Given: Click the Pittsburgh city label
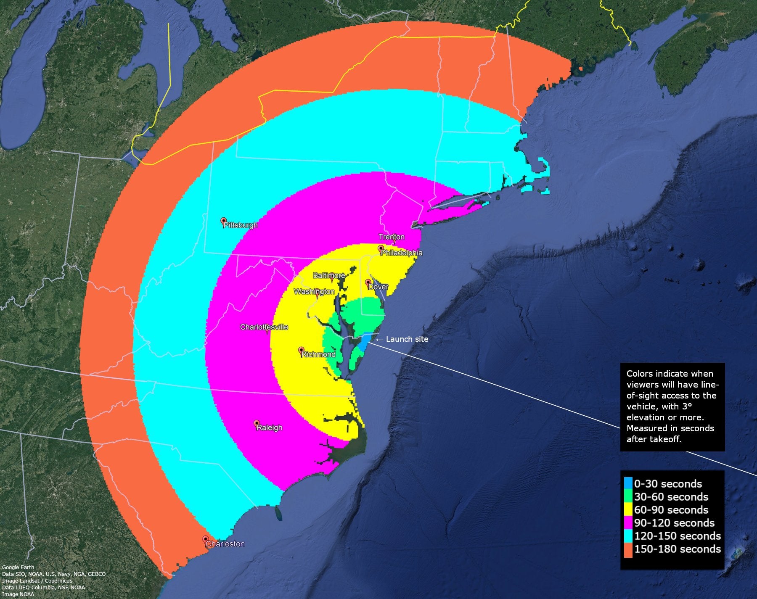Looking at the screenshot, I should (241, 225).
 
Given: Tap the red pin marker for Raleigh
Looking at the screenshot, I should (257, 423).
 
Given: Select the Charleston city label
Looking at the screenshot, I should (225, 544).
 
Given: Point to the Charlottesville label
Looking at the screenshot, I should (264, 327).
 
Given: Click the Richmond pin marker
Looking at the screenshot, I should (301, 350).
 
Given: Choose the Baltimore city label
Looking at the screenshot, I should (329, 275).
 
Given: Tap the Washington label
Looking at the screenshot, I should (314, 292).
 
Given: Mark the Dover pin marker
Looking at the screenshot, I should (368, 282).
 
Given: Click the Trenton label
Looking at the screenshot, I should (392, 237).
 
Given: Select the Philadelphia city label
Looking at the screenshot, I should (402, 253).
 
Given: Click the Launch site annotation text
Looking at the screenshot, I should (407, 339).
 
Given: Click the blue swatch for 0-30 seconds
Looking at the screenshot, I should (628, 483).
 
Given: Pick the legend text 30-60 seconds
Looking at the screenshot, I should (671, 497).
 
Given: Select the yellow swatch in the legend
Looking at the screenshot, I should (628, 509).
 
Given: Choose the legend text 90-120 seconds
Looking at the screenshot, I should (674, 523).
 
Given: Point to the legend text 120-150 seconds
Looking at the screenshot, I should (678, 536).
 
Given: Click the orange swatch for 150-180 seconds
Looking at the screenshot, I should (628, 549).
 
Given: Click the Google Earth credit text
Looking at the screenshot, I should (18, 567).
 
